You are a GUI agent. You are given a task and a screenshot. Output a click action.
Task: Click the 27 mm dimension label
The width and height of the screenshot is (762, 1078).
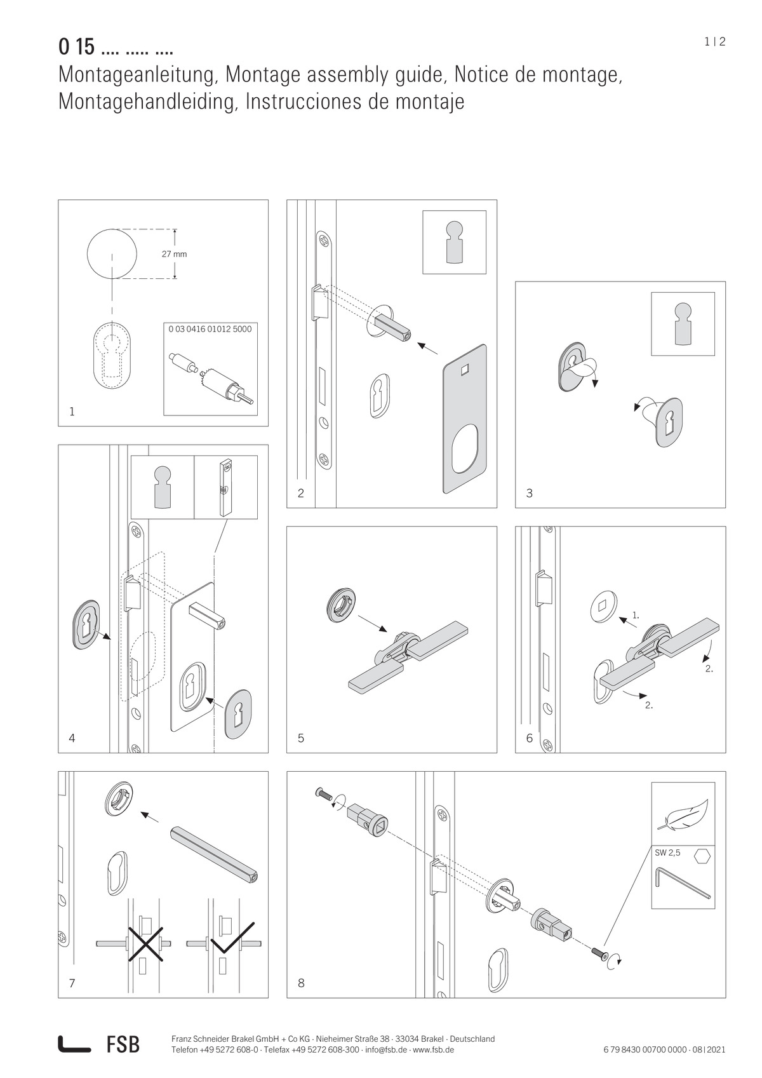click(174, 254)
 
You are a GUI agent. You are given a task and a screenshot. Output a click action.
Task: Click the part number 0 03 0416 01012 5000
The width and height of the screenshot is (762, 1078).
click(210, 329)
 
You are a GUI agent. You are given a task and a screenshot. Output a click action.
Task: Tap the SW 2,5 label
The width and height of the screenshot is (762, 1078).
click(667, 853)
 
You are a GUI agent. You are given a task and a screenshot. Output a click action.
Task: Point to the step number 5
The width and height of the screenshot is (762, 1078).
click(300, 738)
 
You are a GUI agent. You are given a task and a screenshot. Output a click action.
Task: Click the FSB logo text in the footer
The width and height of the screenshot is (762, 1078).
click(123, 1044)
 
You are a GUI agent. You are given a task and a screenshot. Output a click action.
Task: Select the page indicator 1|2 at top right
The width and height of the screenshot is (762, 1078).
click(714, 42)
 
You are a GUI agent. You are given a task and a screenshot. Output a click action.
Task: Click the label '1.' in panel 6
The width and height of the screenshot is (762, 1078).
click(635, 616)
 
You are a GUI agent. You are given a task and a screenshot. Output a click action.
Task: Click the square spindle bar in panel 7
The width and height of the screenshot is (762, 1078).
click(213, 851)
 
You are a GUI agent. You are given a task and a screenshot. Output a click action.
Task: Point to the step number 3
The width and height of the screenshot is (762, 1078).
click(529, 493)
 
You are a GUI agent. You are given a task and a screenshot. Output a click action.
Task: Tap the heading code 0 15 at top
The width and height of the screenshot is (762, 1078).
click(76, 47)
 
